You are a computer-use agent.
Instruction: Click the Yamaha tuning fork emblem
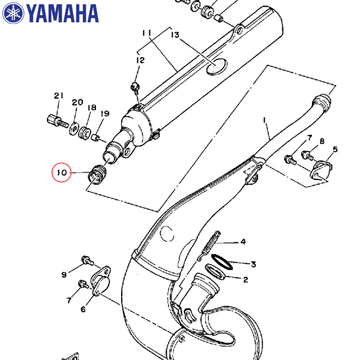(x=13, y=13)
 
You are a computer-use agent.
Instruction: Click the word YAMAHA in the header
(x=62, y=14)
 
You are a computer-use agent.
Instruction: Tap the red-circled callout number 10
(x=62, y=172)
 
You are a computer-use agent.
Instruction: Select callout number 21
(x=59, y=95)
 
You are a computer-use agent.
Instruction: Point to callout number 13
(x=175, y=35)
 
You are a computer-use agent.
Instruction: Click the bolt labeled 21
(x=58, y=121)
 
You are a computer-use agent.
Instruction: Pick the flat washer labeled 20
(x=74, y=129)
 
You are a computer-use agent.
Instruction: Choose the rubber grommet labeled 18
(x=85, y=133)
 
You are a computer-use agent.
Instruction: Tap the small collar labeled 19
(x=95, y=138)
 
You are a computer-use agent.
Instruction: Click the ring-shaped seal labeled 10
(x=97, y=175)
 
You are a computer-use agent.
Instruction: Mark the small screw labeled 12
(x=135, y=88)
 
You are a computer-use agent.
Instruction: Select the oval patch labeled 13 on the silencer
(x=216, y=67)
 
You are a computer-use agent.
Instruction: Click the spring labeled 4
(x=209, y=245)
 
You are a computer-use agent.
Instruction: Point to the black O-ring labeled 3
(x=222, y=262)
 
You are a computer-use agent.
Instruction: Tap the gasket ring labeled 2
(x=215, y=272)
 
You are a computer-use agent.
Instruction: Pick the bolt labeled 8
(x=307, y=155)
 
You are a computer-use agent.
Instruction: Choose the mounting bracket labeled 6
(x=101, y=280)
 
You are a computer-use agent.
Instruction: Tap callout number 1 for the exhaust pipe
(x=265, y=120)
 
